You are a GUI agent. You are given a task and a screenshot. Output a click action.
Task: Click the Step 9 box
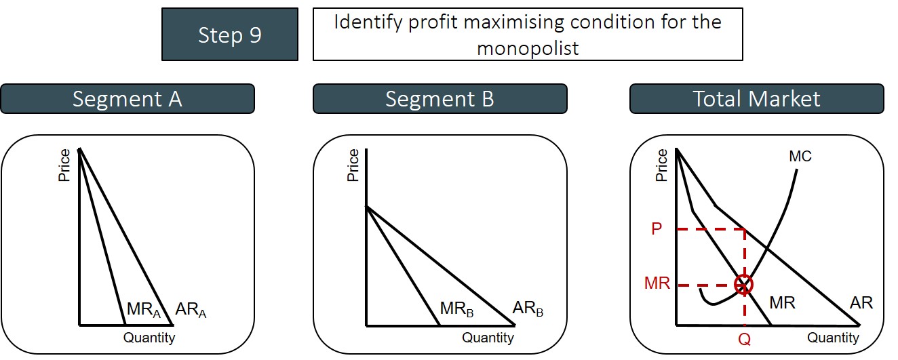click(229, 35)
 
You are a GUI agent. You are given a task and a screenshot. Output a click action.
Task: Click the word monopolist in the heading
click(527, 49)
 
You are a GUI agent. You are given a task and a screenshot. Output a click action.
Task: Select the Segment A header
click(128, 99)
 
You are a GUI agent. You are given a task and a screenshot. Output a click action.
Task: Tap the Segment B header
click(440, 99)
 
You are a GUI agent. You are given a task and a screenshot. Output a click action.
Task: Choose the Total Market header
click(756, 99)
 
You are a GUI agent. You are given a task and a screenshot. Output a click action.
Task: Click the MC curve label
click(800, 157)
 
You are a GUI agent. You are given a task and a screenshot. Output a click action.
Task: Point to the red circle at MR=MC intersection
click(744, 285)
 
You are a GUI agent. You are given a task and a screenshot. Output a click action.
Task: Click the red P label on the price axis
click(656, 229)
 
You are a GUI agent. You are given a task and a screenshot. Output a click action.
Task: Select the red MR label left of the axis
click(657, 283)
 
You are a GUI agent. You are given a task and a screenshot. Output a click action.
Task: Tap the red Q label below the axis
click(744, 340)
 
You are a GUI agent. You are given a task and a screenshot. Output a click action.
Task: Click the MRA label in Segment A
click(144, 310)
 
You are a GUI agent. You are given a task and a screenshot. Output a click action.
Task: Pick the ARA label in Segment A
click(190, 311)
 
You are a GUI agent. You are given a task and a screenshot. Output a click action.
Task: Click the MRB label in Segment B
click(456, 309)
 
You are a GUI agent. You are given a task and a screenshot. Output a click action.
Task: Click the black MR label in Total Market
click(782, 303)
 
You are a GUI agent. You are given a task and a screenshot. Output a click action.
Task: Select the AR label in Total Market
click(861, 303)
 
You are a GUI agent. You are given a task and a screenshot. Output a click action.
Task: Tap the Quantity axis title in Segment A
click(149, 337)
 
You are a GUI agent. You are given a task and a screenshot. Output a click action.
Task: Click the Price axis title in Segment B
click(353, 165)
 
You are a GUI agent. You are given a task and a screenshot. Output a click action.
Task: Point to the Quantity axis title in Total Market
click(833, 337)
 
